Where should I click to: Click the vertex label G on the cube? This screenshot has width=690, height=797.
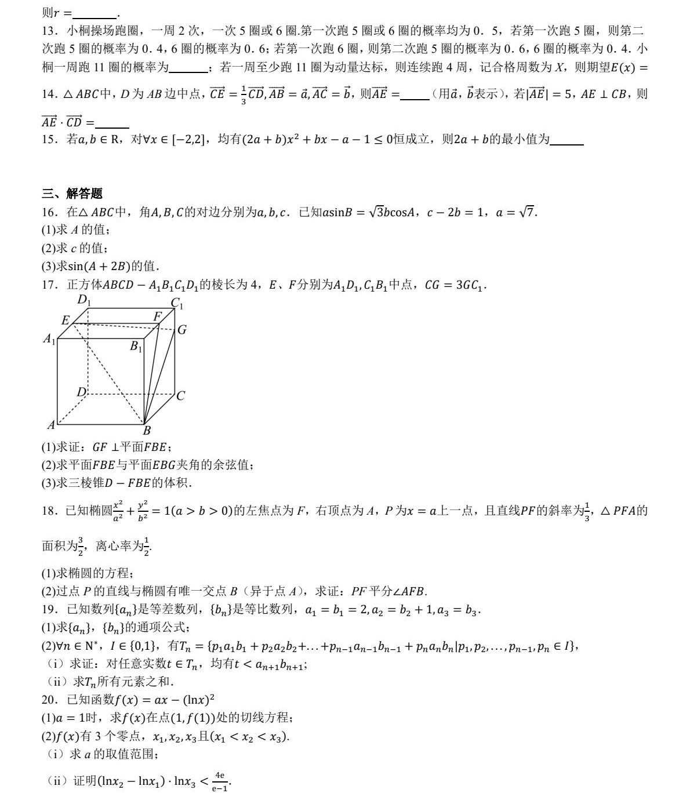(182, 330)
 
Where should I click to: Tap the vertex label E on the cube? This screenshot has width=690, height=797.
(66, 321)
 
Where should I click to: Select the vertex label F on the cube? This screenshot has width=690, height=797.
(157, 316)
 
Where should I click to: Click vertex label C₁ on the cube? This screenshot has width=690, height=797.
(177, 303)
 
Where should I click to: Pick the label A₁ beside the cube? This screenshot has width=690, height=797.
(49, 339)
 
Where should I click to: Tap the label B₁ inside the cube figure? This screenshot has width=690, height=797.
(136, 347)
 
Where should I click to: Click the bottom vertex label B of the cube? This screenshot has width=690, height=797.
(147, 430)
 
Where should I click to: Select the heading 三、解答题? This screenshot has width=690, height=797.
(72, 194)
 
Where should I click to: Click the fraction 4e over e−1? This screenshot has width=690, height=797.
(219, 781)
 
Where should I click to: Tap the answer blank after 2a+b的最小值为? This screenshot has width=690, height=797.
(566, 140)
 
